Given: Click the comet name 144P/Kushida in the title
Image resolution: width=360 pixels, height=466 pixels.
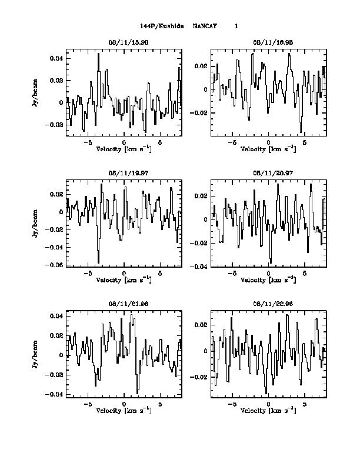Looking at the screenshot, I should point(162,26).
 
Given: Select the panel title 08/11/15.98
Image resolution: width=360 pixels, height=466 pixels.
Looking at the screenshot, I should point(124,43).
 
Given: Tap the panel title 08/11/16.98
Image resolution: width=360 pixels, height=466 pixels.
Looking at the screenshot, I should point(268,43).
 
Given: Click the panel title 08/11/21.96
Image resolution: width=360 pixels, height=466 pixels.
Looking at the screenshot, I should point(124,304).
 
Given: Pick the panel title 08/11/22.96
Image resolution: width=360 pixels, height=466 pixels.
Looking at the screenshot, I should point(268,304).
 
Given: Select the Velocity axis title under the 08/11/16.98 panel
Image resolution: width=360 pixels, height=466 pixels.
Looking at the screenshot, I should point(268,149).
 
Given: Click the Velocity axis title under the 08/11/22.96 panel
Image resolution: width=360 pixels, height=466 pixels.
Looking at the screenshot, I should point(268,410).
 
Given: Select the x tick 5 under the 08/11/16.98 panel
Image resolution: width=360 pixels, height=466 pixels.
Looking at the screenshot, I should point(304,142).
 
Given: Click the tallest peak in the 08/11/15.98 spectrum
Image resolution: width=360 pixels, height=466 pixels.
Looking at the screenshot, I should point(99,54).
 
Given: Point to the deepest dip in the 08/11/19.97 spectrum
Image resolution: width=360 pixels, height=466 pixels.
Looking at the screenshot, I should point(98,262).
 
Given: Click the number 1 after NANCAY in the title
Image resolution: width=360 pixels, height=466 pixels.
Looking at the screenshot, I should point(236,26).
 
